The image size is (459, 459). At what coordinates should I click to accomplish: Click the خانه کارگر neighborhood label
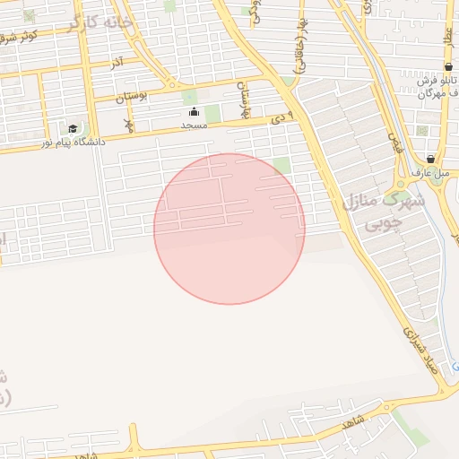[99, 22]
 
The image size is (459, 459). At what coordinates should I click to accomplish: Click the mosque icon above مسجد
[194, 112]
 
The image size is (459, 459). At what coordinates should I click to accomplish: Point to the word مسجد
[194, 126]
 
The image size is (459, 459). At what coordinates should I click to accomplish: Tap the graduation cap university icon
[73, 128]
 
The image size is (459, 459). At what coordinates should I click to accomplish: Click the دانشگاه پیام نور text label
[73, 143]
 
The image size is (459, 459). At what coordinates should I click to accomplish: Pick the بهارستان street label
[241, 98]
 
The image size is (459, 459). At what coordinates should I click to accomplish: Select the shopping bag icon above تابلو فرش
[432, 66]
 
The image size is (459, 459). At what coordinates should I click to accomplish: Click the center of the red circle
[229, 229]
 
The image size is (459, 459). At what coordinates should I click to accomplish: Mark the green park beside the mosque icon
[212, 114]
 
